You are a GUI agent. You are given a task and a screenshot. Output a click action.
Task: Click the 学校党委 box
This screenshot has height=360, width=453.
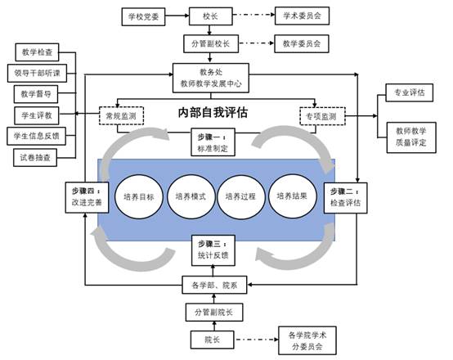[143, 16]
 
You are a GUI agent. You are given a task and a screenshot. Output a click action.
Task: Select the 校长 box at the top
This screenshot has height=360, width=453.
[211, 16]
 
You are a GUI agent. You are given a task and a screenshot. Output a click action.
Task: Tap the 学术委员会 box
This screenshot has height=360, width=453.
[302, 16]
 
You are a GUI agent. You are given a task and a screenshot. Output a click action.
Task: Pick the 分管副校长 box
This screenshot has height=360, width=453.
[211, 43]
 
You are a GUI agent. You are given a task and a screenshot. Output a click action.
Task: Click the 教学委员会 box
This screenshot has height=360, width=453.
[302, 43]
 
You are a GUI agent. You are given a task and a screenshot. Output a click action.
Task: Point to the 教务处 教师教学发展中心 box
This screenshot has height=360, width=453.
[211, 78]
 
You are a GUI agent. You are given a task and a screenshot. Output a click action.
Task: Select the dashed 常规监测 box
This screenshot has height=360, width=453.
[121, 116]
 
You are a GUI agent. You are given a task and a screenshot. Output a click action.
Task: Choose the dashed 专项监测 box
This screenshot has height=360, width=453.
[322, 116]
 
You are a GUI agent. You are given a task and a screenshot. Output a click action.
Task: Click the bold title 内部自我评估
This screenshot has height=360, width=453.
[213, 112]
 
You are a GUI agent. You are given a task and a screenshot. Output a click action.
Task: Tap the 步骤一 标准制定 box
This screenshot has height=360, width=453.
[213, 142]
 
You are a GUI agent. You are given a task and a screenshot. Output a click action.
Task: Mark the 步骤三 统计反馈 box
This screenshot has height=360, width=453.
[213, 250]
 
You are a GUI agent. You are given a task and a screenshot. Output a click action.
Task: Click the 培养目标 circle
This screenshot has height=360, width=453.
[139, 196]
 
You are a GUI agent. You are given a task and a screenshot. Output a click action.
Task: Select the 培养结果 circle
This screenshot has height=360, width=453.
[292, 196]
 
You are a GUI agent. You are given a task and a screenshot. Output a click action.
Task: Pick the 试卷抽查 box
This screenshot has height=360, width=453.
[35, 158]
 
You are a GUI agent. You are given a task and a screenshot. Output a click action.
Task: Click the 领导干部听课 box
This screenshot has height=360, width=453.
[37, 73]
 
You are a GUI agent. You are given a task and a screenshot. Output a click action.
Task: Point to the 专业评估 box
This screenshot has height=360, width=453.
[410, 92]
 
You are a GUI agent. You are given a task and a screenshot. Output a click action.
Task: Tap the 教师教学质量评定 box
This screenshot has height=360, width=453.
[411, 137]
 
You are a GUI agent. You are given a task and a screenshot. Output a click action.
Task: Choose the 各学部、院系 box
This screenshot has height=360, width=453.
[214, 285]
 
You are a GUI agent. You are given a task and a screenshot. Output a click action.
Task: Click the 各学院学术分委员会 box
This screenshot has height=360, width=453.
[307, 340]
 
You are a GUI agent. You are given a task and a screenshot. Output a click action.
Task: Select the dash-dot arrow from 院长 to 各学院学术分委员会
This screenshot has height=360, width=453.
[256, 340]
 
